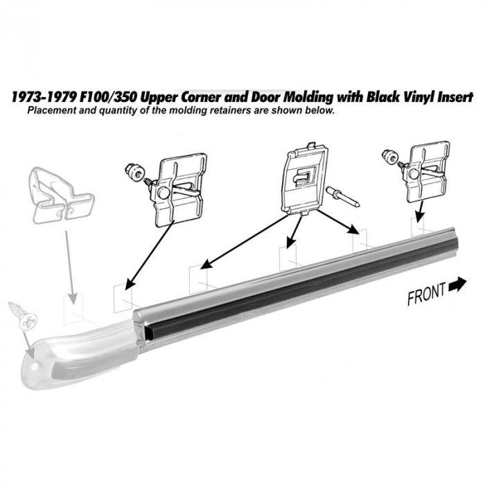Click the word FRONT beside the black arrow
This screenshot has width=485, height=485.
(x=427, y=294)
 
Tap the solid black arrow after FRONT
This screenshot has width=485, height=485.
(x=457, y=284)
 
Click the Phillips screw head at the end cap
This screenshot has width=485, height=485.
(x=28, y=321)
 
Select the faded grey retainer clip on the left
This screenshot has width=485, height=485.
(x=61, y=195)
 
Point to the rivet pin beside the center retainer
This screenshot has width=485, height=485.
(x=343, y=197)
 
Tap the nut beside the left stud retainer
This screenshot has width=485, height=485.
(x=134, y=171)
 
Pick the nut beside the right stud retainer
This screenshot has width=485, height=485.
(x=389, y=156)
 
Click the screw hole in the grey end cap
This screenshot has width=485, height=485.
(x=36, y=367)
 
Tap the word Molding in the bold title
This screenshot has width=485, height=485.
(x=309, y=97)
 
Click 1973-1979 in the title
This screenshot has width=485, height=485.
(x=44, y=97)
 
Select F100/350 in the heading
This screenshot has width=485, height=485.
(x=108, y=97)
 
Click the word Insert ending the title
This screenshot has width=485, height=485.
(x=455, y=97)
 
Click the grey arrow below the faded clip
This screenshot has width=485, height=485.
(x=71, y=267)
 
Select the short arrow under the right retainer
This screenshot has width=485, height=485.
(x=419, y=211)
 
